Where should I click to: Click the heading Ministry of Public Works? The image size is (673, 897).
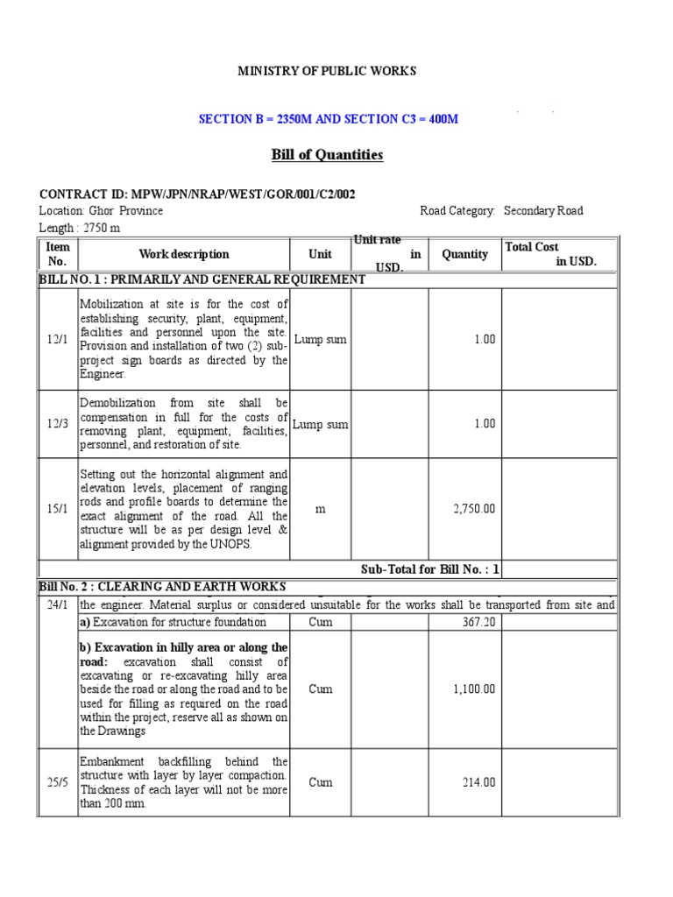(327, 71)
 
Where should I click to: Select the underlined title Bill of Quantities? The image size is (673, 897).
(327, 155)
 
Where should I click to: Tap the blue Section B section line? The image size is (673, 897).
(327, 119)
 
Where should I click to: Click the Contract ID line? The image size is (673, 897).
(197, 194)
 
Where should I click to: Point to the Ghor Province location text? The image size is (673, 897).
(101, 211)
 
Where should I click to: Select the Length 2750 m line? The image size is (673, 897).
(80, 228)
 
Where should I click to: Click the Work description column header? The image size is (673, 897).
(184, 254)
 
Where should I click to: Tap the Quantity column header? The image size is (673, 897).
(464, 254)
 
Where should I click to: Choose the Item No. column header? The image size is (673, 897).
(57, 254)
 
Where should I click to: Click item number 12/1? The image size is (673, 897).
(58, 339)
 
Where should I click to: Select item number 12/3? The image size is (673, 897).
(58, 424)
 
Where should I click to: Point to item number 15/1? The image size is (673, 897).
(58, 509)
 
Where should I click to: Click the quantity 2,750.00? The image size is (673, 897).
(474, 509)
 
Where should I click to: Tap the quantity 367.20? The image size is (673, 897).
(478, 622)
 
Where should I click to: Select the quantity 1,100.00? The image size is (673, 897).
(474, 689)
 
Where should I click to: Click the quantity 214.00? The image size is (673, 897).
(478, 782)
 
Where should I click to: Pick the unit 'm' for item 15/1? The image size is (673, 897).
(320, 509)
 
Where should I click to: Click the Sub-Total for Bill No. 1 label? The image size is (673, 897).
(430, 569)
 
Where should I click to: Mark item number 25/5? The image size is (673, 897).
(58, 782)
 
